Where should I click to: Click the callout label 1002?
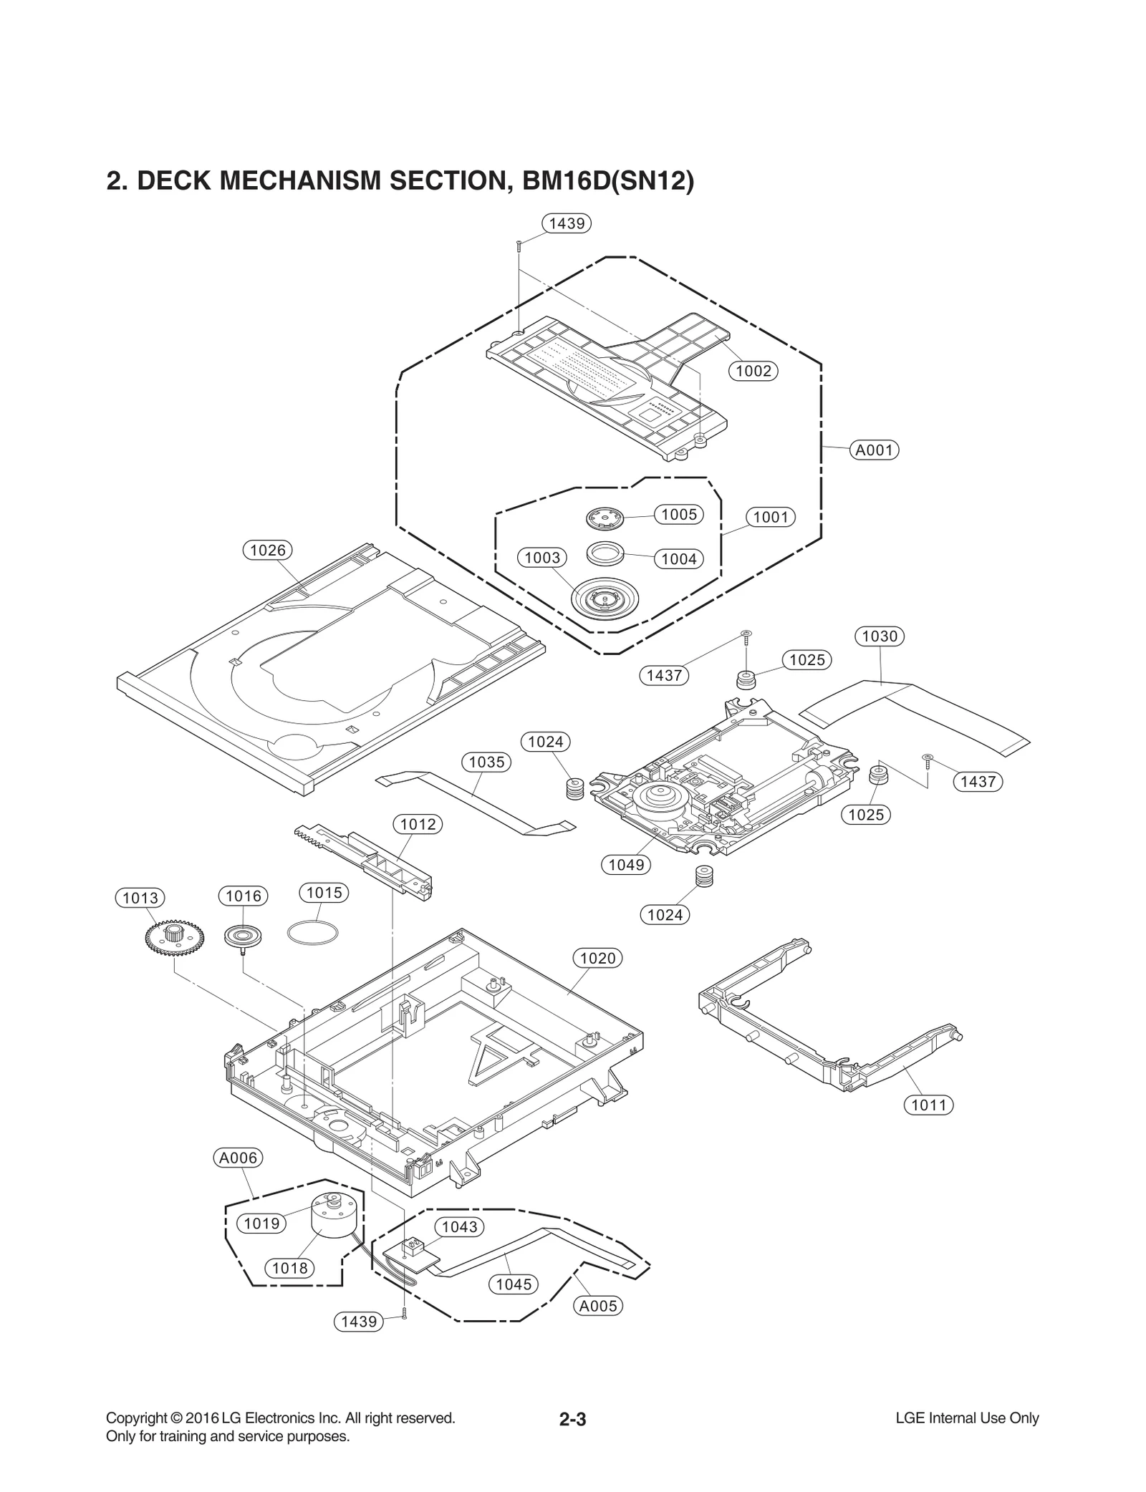tap(753, 371)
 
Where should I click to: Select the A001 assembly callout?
tap(874, 450)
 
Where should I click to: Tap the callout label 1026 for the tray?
tap(267, 550)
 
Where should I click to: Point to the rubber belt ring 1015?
tap(312, 934)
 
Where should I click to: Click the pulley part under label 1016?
tap(244, 936)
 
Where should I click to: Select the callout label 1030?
tap(880, 636)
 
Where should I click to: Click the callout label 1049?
tap(626, 865)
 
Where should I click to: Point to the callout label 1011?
tap(928, 1105)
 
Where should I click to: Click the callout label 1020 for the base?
tap(597, 958)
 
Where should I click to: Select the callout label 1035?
tap(486, 762)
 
